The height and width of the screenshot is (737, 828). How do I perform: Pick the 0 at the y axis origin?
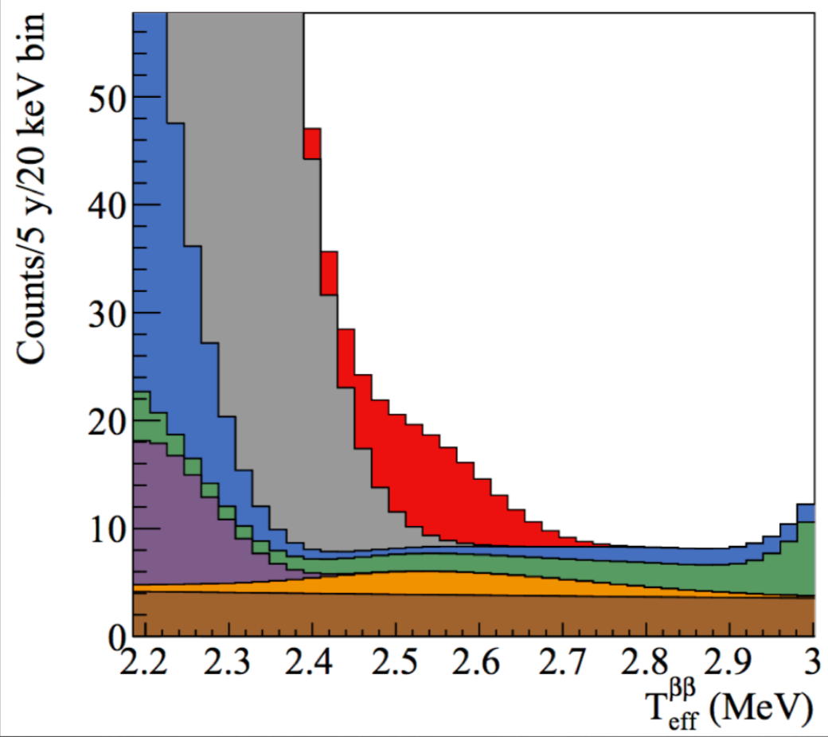(x=117, y=637)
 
